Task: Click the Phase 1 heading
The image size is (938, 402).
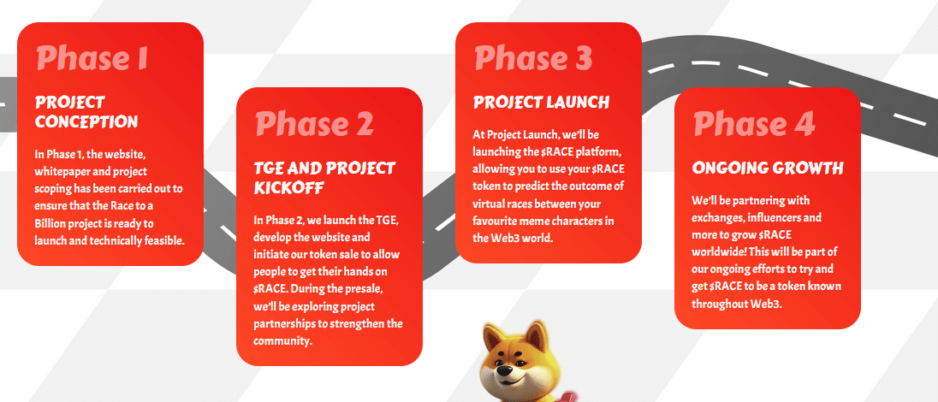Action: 92,58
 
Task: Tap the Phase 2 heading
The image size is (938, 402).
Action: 315,124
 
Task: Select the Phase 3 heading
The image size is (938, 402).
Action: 533,58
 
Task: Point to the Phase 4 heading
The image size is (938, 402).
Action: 754,124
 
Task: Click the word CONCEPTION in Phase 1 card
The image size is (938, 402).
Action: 86,121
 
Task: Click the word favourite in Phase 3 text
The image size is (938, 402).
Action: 494,221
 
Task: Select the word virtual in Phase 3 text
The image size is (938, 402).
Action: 489,204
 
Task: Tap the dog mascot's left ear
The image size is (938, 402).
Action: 493,337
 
